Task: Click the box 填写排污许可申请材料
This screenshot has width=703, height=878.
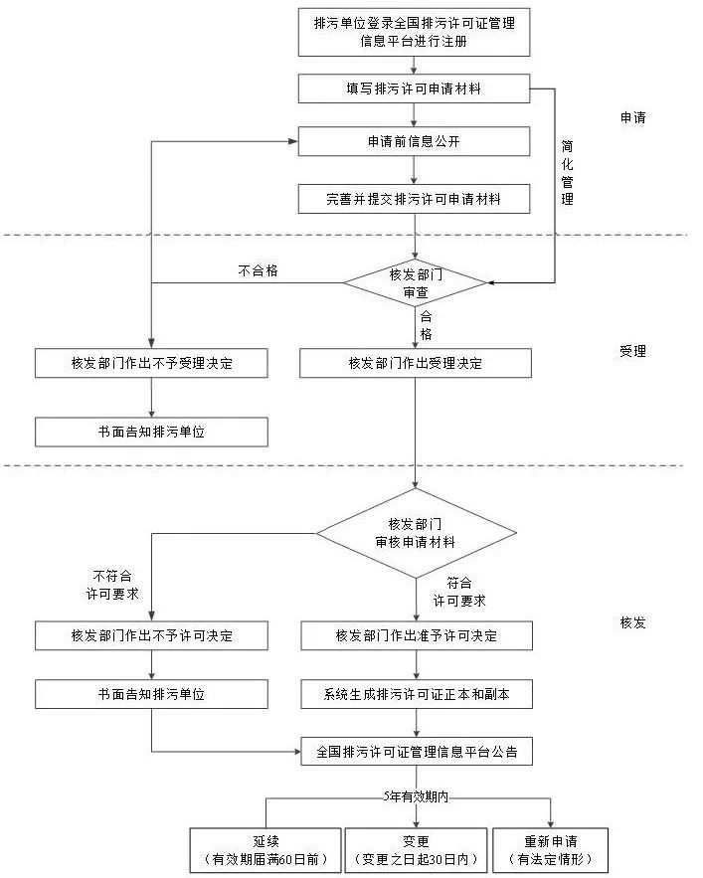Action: click(414, 88)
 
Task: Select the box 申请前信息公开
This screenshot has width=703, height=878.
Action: click(414, 141)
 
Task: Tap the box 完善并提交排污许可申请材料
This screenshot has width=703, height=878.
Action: click(414, 199)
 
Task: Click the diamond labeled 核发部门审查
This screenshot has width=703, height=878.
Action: click(416, 283)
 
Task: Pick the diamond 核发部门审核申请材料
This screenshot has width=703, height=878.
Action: click(416, 533)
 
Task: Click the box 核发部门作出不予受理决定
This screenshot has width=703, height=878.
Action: click(151, 363)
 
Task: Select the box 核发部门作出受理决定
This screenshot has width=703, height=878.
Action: click(416, 363)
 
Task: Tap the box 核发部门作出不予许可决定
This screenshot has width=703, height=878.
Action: click(151, 635)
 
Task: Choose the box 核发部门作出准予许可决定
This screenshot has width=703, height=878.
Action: click(416, 635)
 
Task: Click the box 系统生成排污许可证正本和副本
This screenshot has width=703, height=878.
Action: click(416, 693)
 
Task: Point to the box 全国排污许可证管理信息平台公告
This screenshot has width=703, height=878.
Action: click(416, 751)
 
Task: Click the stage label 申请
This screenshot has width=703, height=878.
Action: click(633, 117)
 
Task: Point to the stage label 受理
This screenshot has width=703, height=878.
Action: click(633, 351)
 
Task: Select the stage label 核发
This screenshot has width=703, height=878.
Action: click(633, 622)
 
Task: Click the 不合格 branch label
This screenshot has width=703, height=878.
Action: click(258, 269)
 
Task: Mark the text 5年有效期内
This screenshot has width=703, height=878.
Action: click(417, 796)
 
